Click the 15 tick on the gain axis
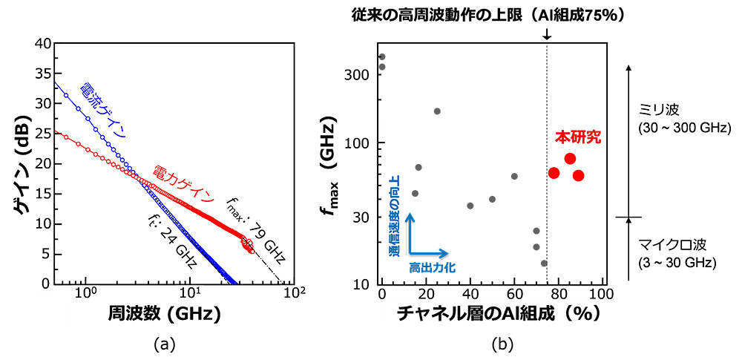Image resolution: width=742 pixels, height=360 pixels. (x=42, y=194)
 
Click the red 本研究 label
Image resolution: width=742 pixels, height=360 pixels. (x=578, y=137)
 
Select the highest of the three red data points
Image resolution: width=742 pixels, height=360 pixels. (x=570, y=158)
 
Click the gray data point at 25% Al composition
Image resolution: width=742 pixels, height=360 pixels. (x=437, y=111)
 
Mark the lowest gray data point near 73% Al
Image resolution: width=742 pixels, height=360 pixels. (x=544, y=263)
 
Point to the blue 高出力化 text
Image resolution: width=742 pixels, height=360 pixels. (x=430, y=265)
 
